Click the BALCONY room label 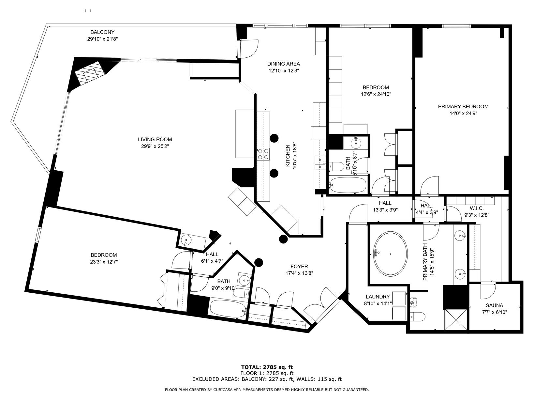(102, 32)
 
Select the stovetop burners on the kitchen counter (263, 154)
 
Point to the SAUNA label (494, 305)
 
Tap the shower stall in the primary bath (455, 320)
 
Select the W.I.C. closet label (476, 208)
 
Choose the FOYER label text (299, 267)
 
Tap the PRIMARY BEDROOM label (463, 106)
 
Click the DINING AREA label (283, 64)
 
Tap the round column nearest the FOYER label (259, 262)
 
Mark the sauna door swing (487, 290)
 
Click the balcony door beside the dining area (249, 48)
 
